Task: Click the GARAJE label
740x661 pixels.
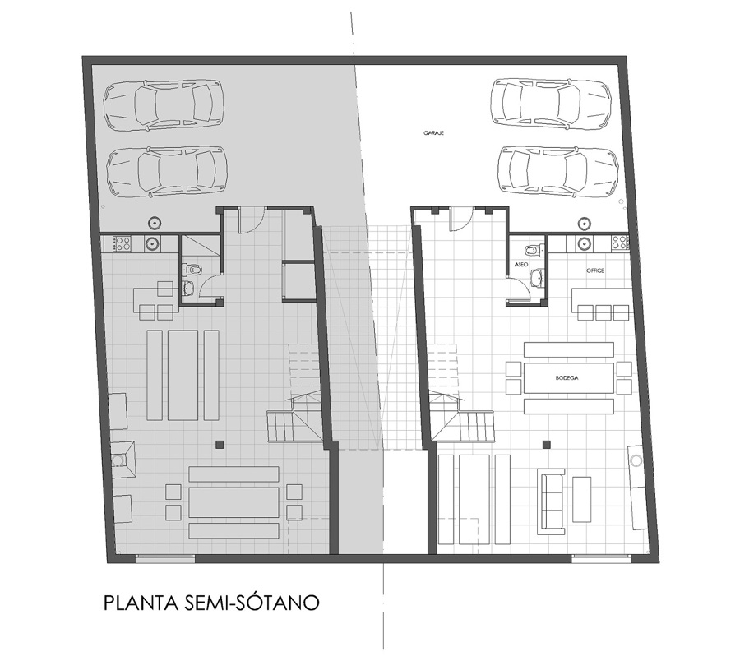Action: point(434,132)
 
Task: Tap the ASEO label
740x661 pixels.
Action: point(520,266)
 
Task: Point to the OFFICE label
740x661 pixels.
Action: point(594,270)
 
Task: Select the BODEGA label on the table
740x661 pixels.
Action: point(567,378)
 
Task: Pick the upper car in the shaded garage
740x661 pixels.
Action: point(164,104)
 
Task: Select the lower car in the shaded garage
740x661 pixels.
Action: point(165,171)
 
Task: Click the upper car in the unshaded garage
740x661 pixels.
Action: point(551,103)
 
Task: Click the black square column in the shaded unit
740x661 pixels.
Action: point(220,445)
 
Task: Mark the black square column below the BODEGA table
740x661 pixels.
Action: point(545,445)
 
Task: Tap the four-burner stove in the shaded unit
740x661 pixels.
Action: point(122,243)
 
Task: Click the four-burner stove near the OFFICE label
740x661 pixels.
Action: point(620,243)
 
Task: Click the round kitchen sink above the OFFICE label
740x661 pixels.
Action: point(584,243)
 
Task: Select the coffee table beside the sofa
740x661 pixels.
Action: point(582,498)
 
